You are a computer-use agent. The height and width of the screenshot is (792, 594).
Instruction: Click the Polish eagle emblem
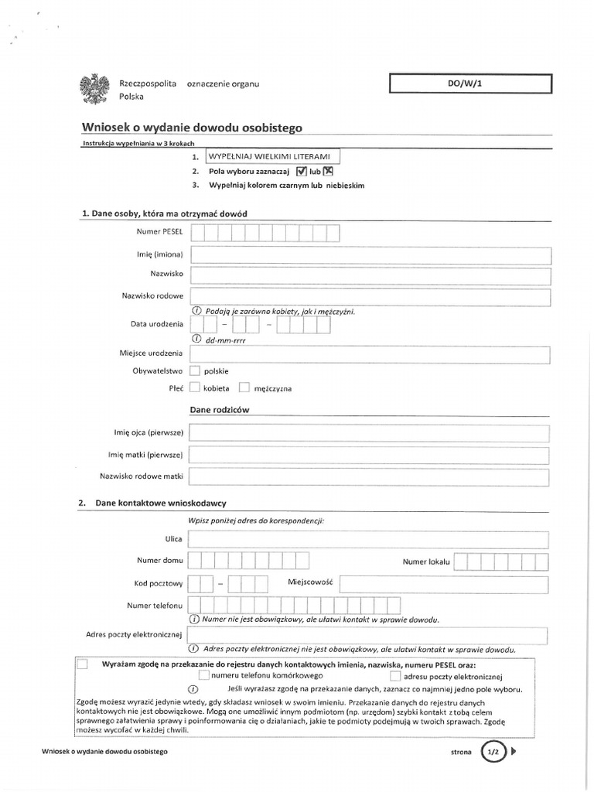pos(95,89)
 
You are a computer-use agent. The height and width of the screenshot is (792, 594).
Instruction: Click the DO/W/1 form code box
pos(470,84)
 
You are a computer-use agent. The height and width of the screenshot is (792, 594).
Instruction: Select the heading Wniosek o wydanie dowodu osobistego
pos(193,128)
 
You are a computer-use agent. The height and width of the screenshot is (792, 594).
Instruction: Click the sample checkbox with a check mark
pos(302,172)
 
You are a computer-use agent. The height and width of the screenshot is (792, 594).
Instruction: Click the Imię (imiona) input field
pos(370,256)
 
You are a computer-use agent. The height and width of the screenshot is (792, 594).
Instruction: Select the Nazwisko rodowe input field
pos(370,297)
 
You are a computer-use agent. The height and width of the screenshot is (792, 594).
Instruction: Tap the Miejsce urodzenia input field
pos(370,354)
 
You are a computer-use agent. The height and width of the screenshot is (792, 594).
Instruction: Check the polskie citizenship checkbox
pos(195,371)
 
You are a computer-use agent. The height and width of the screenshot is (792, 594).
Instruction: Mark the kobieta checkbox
pos(195,387)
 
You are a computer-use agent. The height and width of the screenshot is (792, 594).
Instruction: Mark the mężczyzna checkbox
pos(244,387)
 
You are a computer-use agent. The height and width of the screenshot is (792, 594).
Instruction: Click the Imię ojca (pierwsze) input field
pos(370,433)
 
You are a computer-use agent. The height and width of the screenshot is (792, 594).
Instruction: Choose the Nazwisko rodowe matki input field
pos(370,476)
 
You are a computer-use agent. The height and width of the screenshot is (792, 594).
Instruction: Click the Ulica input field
pos(370,539)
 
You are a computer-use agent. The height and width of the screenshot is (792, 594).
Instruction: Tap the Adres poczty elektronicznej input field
pos(370,635)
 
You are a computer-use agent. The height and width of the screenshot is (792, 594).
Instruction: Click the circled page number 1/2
pos(493,750)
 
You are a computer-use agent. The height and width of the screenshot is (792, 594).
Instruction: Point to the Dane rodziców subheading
pos(220,409)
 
